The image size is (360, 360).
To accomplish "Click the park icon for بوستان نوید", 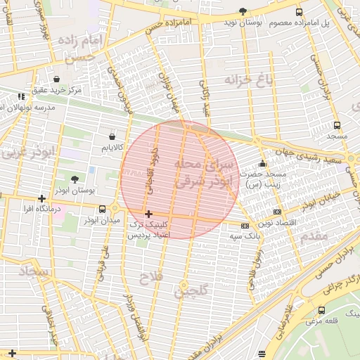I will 243,11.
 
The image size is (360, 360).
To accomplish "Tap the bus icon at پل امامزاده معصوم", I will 300,12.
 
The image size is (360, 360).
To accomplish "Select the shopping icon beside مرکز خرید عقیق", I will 56,79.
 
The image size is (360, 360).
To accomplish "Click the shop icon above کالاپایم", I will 112,136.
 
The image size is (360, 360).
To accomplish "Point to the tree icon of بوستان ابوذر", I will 75,179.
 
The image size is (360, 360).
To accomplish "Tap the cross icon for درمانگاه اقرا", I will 42,198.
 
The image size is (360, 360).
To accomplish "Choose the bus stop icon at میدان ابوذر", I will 103,209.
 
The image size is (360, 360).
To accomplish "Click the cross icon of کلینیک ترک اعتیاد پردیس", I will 148,213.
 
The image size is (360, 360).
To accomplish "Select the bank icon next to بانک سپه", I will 244,226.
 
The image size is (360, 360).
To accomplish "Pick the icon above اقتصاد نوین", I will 277,211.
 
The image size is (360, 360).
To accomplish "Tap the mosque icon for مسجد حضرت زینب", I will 263,164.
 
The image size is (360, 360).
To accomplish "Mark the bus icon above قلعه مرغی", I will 322,310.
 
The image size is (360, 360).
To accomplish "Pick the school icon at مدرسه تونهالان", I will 21,96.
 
